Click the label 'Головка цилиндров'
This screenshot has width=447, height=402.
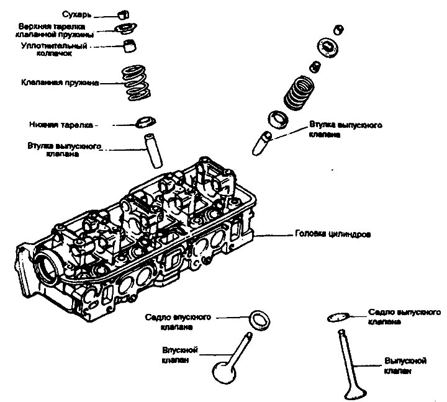coord(332,236)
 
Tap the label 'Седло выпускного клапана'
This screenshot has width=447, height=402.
coord(392,317)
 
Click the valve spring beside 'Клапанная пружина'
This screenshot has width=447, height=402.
coord(138,83)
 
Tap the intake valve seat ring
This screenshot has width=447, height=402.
coord(259,319)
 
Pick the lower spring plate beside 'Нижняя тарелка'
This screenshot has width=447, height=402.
coord(143,120)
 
